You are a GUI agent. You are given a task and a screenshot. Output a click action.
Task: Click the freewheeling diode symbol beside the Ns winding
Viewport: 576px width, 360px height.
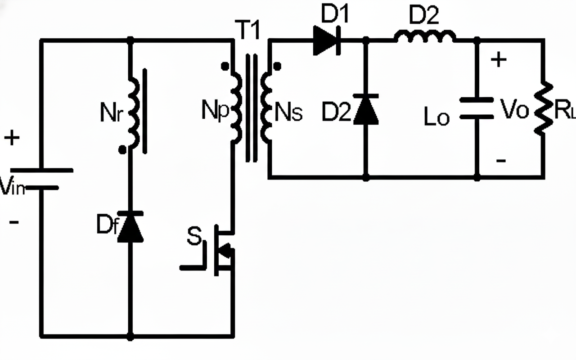(x=366, y=109)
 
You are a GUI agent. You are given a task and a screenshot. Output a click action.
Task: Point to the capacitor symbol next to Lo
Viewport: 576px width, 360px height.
(x=477, y=108)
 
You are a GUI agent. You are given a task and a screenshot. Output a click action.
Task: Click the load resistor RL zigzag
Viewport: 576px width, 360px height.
(x=543, y=108)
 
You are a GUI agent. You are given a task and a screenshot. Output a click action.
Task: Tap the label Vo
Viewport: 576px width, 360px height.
(x=514, y=109)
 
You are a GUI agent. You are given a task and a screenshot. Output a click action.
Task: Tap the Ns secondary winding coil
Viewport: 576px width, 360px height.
(x=266, y=107)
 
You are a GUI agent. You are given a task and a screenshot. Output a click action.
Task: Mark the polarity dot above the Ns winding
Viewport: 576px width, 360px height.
(x=277, y=67)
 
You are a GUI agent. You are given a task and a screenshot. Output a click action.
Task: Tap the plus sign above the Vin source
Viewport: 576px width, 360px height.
(x=12, y=138)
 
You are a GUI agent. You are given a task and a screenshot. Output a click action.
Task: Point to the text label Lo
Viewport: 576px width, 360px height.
(x=436, y=118)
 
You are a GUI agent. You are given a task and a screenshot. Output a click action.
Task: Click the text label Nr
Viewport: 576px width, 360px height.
(x=111, y=113)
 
